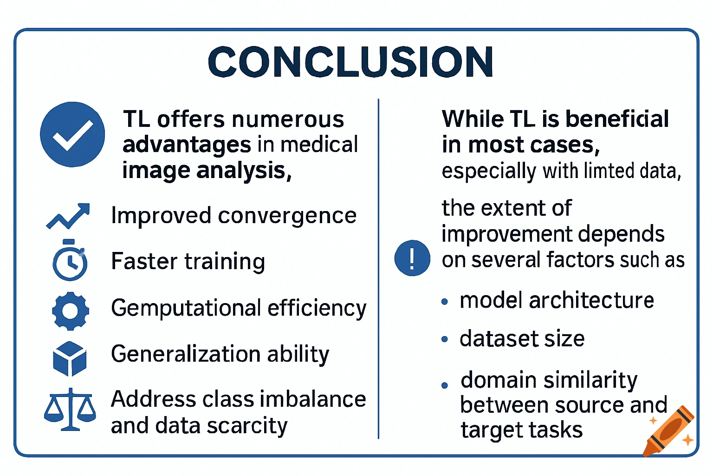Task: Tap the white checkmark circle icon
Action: tap(72, 134)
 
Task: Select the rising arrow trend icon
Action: tap(68, 216)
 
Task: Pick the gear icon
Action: tap(70, 311)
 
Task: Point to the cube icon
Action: tap(70, 358)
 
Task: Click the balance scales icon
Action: tap(70, 409)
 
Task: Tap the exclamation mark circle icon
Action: tap(412, 258)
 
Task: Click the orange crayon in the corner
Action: tap(669, 431)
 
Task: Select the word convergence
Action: tap(287, 216)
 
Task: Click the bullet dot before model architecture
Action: tap(445, 302)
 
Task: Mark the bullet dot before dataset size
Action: tap(445, 339)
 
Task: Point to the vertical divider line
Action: tap(378, 270)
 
